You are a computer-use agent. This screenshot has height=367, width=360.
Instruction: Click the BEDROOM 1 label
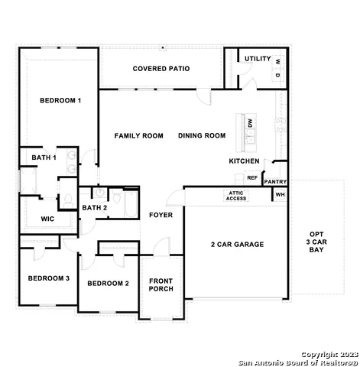pos(60,100)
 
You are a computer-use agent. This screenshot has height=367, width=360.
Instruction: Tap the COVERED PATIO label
pos(161,69)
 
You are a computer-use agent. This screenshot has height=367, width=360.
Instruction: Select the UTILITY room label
pos(258,58)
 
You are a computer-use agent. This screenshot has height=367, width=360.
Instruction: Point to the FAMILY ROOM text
pos(139,135)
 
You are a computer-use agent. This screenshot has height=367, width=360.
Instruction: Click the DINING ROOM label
pos(202,135)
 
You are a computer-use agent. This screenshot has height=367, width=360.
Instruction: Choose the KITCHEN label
pos(244,161)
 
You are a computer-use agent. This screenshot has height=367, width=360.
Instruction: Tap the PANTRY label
pos(274,182)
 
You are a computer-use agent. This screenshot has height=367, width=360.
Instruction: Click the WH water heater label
pos(280,195)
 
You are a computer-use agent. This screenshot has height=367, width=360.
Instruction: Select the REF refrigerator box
pos(251,177)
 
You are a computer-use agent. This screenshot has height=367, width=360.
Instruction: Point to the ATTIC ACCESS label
pos(236,196)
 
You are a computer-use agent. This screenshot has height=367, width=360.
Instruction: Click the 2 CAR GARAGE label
pos(237,245)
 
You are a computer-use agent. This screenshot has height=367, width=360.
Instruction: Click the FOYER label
pos(161,215)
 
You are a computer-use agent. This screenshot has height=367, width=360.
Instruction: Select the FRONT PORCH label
pos(161,284)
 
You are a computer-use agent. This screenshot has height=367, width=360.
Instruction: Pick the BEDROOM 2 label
pos(108,284)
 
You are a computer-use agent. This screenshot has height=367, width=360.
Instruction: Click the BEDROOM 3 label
pos(49,278)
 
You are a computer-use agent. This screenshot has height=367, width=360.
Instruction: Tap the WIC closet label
pos(47,219)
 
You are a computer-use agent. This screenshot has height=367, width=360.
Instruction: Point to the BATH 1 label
pos(44,158)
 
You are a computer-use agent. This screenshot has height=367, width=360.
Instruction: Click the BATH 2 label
pos(94,208)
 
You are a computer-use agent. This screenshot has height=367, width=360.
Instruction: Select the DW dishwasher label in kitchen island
pos(250,122)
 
